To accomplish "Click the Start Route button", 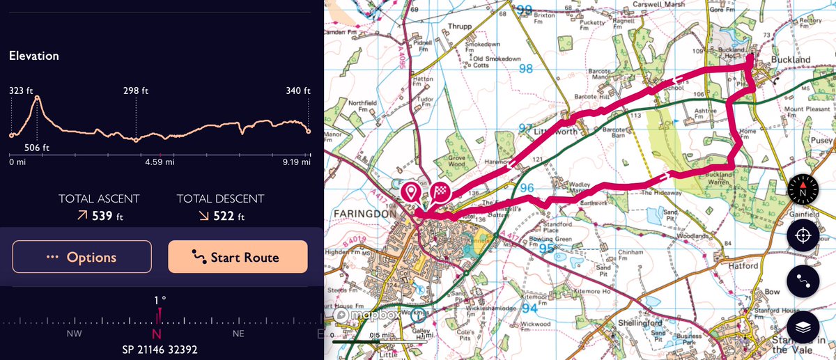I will point(238,257).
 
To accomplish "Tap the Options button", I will point(82,257).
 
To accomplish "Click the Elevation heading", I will point(34,56).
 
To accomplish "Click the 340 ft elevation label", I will point(297,91).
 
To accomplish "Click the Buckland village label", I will point(793,61).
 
